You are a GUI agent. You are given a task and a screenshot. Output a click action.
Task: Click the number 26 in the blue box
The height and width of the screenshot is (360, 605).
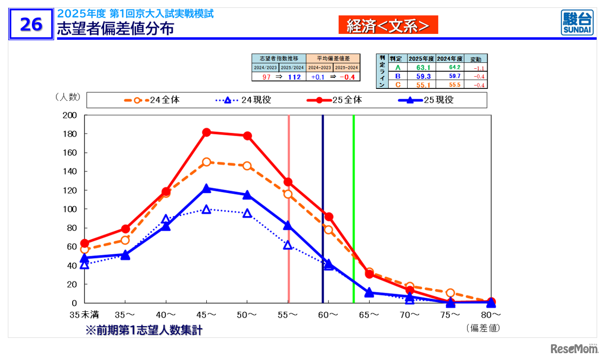(31, 24)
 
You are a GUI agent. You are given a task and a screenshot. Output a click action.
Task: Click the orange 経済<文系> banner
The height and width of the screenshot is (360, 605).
(388, 25)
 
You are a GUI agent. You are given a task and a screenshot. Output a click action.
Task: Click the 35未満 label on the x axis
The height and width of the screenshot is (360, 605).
(85, 314)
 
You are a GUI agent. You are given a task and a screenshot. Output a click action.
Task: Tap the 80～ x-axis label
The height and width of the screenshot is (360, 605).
(491, 314)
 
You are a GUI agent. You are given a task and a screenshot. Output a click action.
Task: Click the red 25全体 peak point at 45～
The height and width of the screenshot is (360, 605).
(207, 132)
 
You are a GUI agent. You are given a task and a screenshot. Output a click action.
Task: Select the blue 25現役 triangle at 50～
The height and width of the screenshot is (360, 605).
(247, 195)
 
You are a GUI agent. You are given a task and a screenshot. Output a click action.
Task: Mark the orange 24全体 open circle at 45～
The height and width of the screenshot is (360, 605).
(207, 162)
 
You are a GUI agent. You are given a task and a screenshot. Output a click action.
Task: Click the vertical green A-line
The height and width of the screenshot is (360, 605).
(354, 209)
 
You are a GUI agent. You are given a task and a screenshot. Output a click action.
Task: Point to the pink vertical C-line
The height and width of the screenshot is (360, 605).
(289, 209)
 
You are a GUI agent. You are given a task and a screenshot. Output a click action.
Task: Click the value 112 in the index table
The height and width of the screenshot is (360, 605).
(294, 77)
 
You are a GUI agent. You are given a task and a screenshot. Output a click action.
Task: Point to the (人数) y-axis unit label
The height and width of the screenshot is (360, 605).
(67, 97)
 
